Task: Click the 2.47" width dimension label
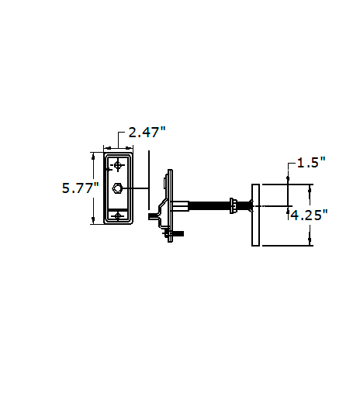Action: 147,132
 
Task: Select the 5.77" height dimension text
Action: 81,188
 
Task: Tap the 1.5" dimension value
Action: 311,163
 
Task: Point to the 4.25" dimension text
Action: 309,215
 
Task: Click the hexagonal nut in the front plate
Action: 117,188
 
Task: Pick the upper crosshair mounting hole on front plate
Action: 118,165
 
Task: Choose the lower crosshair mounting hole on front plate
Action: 118,216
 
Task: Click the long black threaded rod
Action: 209,206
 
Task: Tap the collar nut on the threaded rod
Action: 233,205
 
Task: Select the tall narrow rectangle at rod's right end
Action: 255,215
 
